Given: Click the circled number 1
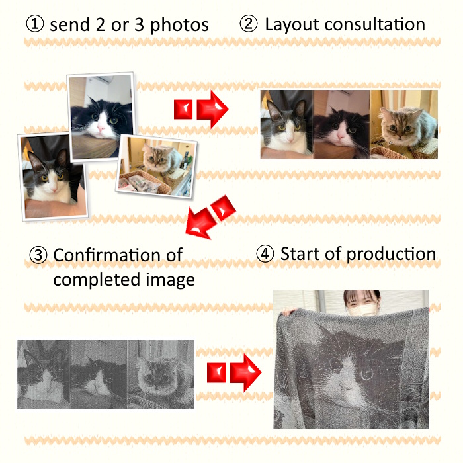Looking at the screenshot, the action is (35, 24).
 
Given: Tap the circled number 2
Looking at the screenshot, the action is (248, 24).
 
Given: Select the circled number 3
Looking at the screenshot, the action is (38, 255).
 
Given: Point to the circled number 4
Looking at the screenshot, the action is (265, 254).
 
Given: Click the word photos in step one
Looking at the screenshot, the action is (179, 25).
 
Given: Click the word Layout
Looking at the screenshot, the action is (292, 25).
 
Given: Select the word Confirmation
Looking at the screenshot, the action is (118, 255).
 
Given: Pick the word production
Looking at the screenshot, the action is (391, 255).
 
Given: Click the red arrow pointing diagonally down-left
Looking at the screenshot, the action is (210, 216).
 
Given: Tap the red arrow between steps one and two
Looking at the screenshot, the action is (201, 110).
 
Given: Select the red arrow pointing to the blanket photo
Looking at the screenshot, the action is (234, 373).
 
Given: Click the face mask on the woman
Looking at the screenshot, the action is (363, 310).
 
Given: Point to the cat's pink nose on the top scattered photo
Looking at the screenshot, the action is (101, 128).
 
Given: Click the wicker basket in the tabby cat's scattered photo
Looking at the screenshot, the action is (145, 183).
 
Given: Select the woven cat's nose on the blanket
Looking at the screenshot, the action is (343, 384).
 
